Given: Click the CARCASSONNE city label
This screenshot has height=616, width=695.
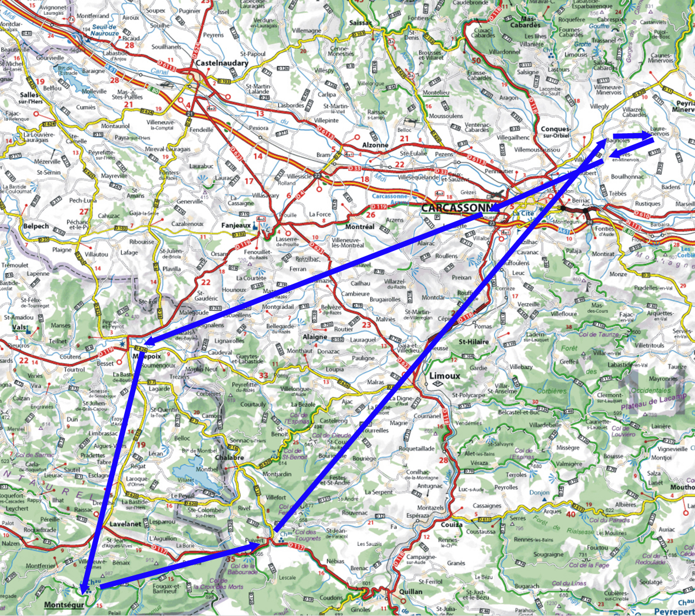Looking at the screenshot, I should [457, 208].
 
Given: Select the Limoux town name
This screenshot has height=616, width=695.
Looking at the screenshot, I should [444, 375].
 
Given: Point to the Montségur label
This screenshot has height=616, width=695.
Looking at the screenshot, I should [64, 605].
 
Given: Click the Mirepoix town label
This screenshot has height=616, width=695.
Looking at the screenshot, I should [148, 356].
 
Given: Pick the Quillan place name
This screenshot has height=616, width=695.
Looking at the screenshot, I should [410, 591].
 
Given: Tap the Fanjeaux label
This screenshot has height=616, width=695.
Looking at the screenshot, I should [236, 226].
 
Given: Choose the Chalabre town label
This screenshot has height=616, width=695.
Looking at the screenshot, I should [230, 458].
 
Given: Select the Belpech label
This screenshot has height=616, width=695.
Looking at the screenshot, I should [37, 226].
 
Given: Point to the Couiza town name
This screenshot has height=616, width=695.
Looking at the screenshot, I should [451, 524].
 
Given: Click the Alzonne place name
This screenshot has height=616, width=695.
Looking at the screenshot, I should [375, 145].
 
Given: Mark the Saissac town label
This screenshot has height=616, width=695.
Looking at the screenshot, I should [361, 23].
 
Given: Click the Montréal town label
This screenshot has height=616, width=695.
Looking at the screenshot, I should [360, 227].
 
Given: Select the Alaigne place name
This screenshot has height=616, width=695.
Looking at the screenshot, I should [314, 337].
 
